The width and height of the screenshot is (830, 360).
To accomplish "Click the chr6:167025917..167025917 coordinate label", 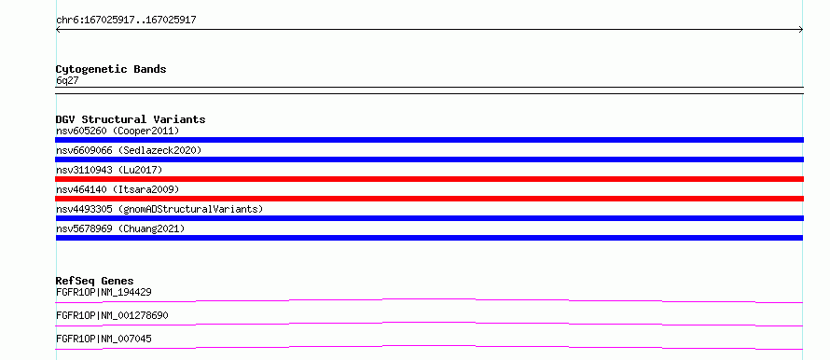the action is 126,21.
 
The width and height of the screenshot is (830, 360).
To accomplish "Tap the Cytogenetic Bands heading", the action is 111,69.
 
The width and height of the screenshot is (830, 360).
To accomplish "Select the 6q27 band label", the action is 67,80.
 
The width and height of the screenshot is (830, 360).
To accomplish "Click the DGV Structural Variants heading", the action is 131,119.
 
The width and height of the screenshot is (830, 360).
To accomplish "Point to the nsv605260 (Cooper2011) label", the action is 118,131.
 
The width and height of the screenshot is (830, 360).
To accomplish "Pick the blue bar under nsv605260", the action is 429,140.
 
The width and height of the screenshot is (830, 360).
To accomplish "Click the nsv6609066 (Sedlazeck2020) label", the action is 129,150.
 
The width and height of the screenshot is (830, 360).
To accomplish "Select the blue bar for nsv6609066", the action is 429,159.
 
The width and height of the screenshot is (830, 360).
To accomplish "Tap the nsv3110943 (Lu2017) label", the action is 109,170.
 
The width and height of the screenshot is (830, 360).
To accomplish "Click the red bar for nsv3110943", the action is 429,179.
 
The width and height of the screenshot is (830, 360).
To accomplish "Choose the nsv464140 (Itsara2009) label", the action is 118,189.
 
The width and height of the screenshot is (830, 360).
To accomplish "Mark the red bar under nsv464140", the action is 429,199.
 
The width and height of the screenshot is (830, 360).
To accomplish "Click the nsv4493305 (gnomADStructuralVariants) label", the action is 159,209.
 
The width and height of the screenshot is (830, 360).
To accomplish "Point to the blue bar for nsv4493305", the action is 429,218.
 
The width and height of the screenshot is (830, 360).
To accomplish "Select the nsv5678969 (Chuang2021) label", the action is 120,228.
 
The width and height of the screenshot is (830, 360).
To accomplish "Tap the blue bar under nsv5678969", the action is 429,238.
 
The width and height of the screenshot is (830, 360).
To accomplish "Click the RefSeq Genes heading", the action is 95,281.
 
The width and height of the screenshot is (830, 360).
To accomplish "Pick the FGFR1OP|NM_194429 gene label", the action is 104,292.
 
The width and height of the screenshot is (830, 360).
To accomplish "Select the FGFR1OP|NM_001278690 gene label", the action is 112,315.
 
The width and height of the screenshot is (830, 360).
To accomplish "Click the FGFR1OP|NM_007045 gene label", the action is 104,339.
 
